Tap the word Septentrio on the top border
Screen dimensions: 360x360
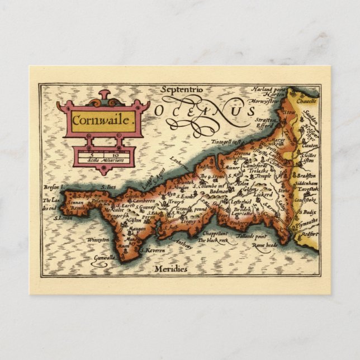click(x=181, y=89)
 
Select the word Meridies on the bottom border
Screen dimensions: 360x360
click(x=172, y=269)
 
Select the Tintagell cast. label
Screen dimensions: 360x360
click(x=224, y=142)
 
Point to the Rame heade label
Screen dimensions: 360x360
click(x=264, y=244)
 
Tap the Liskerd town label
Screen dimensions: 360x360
click(x=262, y=195)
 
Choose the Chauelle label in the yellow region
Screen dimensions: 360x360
click(x=306, y=101)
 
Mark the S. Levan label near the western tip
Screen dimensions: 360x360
click(x=63, y=219)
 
